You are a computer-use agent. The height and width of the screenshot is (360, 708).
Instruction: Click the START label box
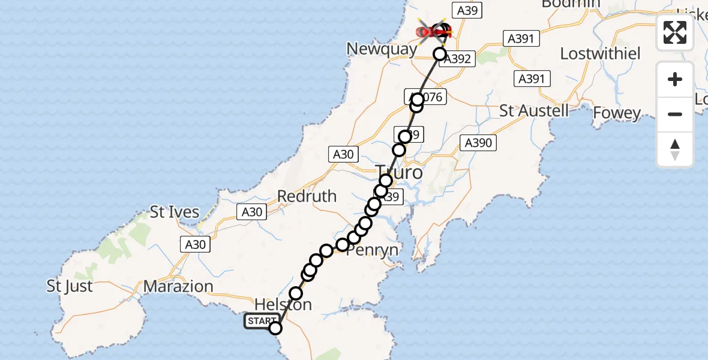[261, 322]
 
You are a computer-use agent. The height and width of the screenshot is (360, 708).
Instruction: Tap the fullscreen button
[675, 32]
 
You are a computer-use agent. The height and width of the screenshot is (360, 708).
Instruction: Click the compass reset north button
[675, 149]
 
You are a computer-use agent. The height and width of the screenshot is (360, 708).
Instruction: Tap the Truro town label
[398, 173]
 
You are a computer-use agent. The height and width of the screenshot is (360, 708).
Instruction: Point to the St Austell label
[534, 111]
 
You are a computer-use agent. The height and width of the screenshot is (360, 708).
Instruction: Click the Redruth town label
[307, 196]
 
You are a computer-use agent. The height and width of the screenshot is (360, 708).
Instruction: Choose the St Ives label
[175, 212]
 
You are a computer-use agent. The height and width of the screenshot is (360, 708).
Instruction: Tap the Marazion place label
[179, 286]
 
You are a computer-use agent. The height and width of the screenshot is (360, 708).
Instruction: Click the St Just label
[70, 286]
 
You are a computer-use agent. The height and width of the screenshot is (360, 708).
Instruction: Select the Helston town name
[283, 304]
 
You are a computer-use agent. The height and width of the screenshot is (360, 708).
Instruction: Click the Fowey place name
[617, 113]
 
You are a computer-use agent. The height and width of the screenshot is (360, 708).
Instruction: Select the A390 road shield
[478, 142]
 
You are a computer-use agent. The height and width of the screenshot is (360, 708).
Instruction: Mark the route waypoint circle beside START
[275, 328]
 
